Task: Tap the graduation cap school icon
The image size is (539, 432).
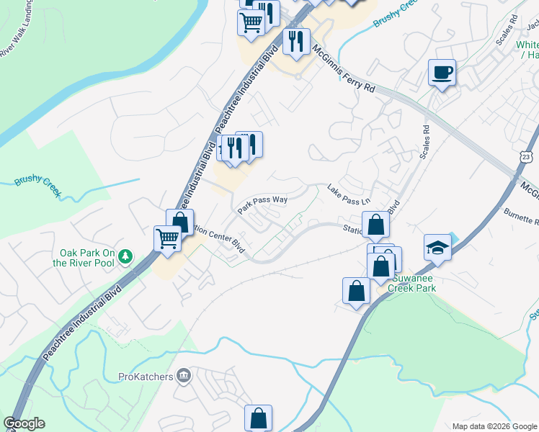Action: tap(437, 248)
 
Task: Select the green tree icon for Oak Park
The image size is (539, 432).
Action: tap(125, 256)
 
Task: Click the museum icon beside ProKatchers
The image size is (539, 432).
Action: tap(184, 375)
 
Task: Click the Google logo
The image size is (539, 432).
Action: tap(24, 423)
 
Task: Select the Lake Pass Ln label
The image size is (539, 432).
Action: tap(348, 194)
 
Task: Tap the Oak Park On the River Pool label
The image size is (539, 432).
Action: tap(88, 258)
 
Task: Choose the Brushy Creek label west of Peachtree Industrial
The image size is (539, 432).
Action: tap(37, 184)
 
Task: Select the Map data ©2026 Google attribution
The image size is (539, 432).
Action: tap(494, 426)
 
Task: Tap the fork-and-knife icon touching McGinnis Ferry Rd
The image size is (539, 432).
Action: tap(296, 42)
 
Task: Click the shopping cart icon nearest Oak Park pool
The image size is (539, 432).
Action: tap(168, 238)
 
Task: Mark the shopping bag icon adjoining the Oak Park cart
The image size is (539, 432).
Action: tap(180, 222)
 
